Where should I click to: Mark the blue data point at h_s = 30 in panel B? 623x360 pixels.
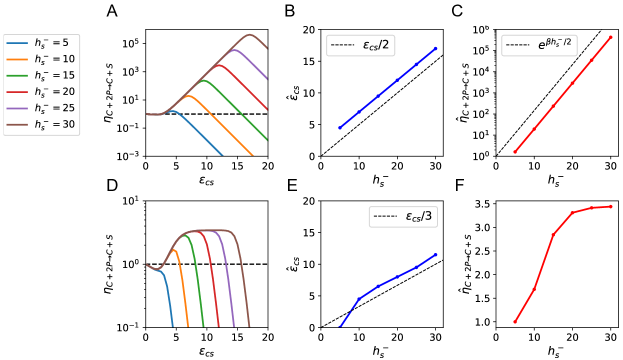[436, 48]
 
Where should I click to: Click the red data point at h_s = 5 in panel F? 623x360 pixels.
[515, 322]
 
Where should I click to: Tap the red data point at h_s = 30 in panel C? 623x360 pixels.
[610, 37]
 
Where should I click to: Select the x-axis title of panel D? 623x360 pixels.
[207, 352]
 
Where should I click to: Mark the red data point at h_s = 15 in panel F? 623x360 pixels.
[553, 235]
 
